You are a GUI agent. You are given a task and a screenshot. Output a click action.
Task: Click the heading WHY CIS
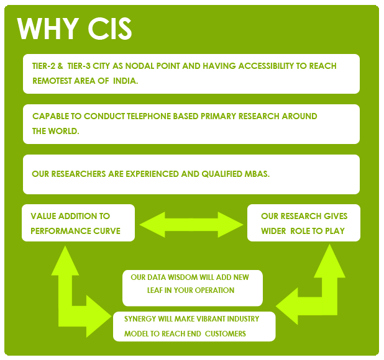pos(75,29)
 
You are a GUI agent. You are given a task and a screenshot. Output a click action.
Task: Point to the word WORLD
pos(63,132)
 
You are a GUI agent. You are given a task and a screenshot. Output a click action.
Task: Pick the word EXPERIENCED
pos(153,174)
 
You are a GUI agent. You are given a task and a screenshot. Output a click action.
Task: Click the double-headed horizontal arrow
pos(191,225)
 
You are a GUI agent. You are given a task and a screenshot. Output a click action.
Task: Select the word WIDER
pos(273,231)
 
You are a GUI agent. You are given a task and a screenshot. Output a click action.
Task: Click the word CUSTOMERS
pos(226,334)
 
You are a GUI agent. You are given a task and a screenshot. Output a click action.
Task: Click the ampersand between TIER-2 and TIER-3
pos(60,66)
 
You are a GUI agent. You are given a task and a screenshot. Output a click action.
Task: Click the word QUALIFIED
pos(222,174)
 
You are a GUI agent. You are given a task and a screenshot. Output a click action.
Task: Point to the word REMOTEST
pos(52,81)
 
